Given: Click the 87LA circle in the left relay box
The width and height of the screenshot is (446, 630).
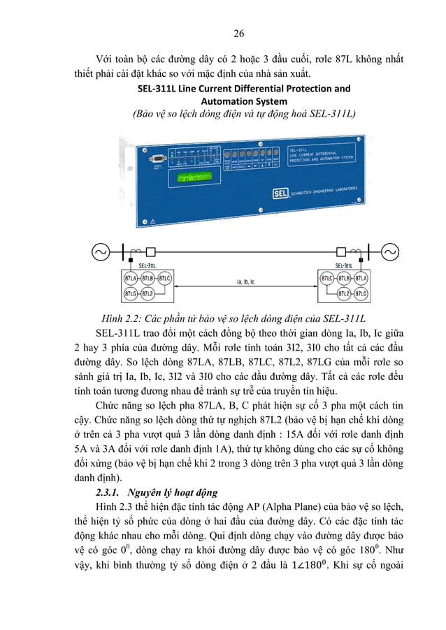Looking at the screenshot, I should pos(131,279).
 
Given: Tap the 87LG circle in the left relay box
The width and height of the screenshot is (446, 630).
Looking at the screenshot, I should pos(131,294).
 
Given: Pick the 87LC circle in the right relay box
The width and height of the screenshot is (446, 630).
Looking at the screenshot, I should pos(326,279).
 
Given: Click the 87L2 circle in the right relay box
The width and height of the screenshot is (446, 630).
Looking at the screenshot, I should pos(343,294).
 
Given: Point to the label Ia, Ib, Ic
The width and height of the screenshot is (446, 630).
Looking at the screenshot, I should pos(245,282).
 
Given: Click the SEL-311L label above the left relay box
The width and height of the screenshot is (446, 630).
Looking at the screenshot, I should pos(147,265).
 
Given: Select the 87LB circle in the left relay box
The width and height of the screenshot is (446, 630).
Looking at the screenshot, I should pos(147,279).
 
